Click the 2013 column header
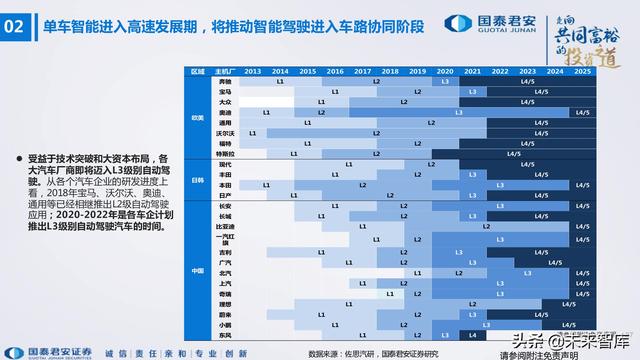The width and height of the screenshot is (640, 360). [252, 72]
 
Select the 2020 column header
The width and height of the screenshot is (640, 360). [445, 72]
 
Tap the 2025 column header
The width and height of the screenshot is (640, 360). [582, 72]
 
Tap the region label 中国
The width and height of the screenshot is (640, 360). [198, 269]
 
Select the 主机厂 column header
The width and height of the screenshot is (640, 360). [225, 72]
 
